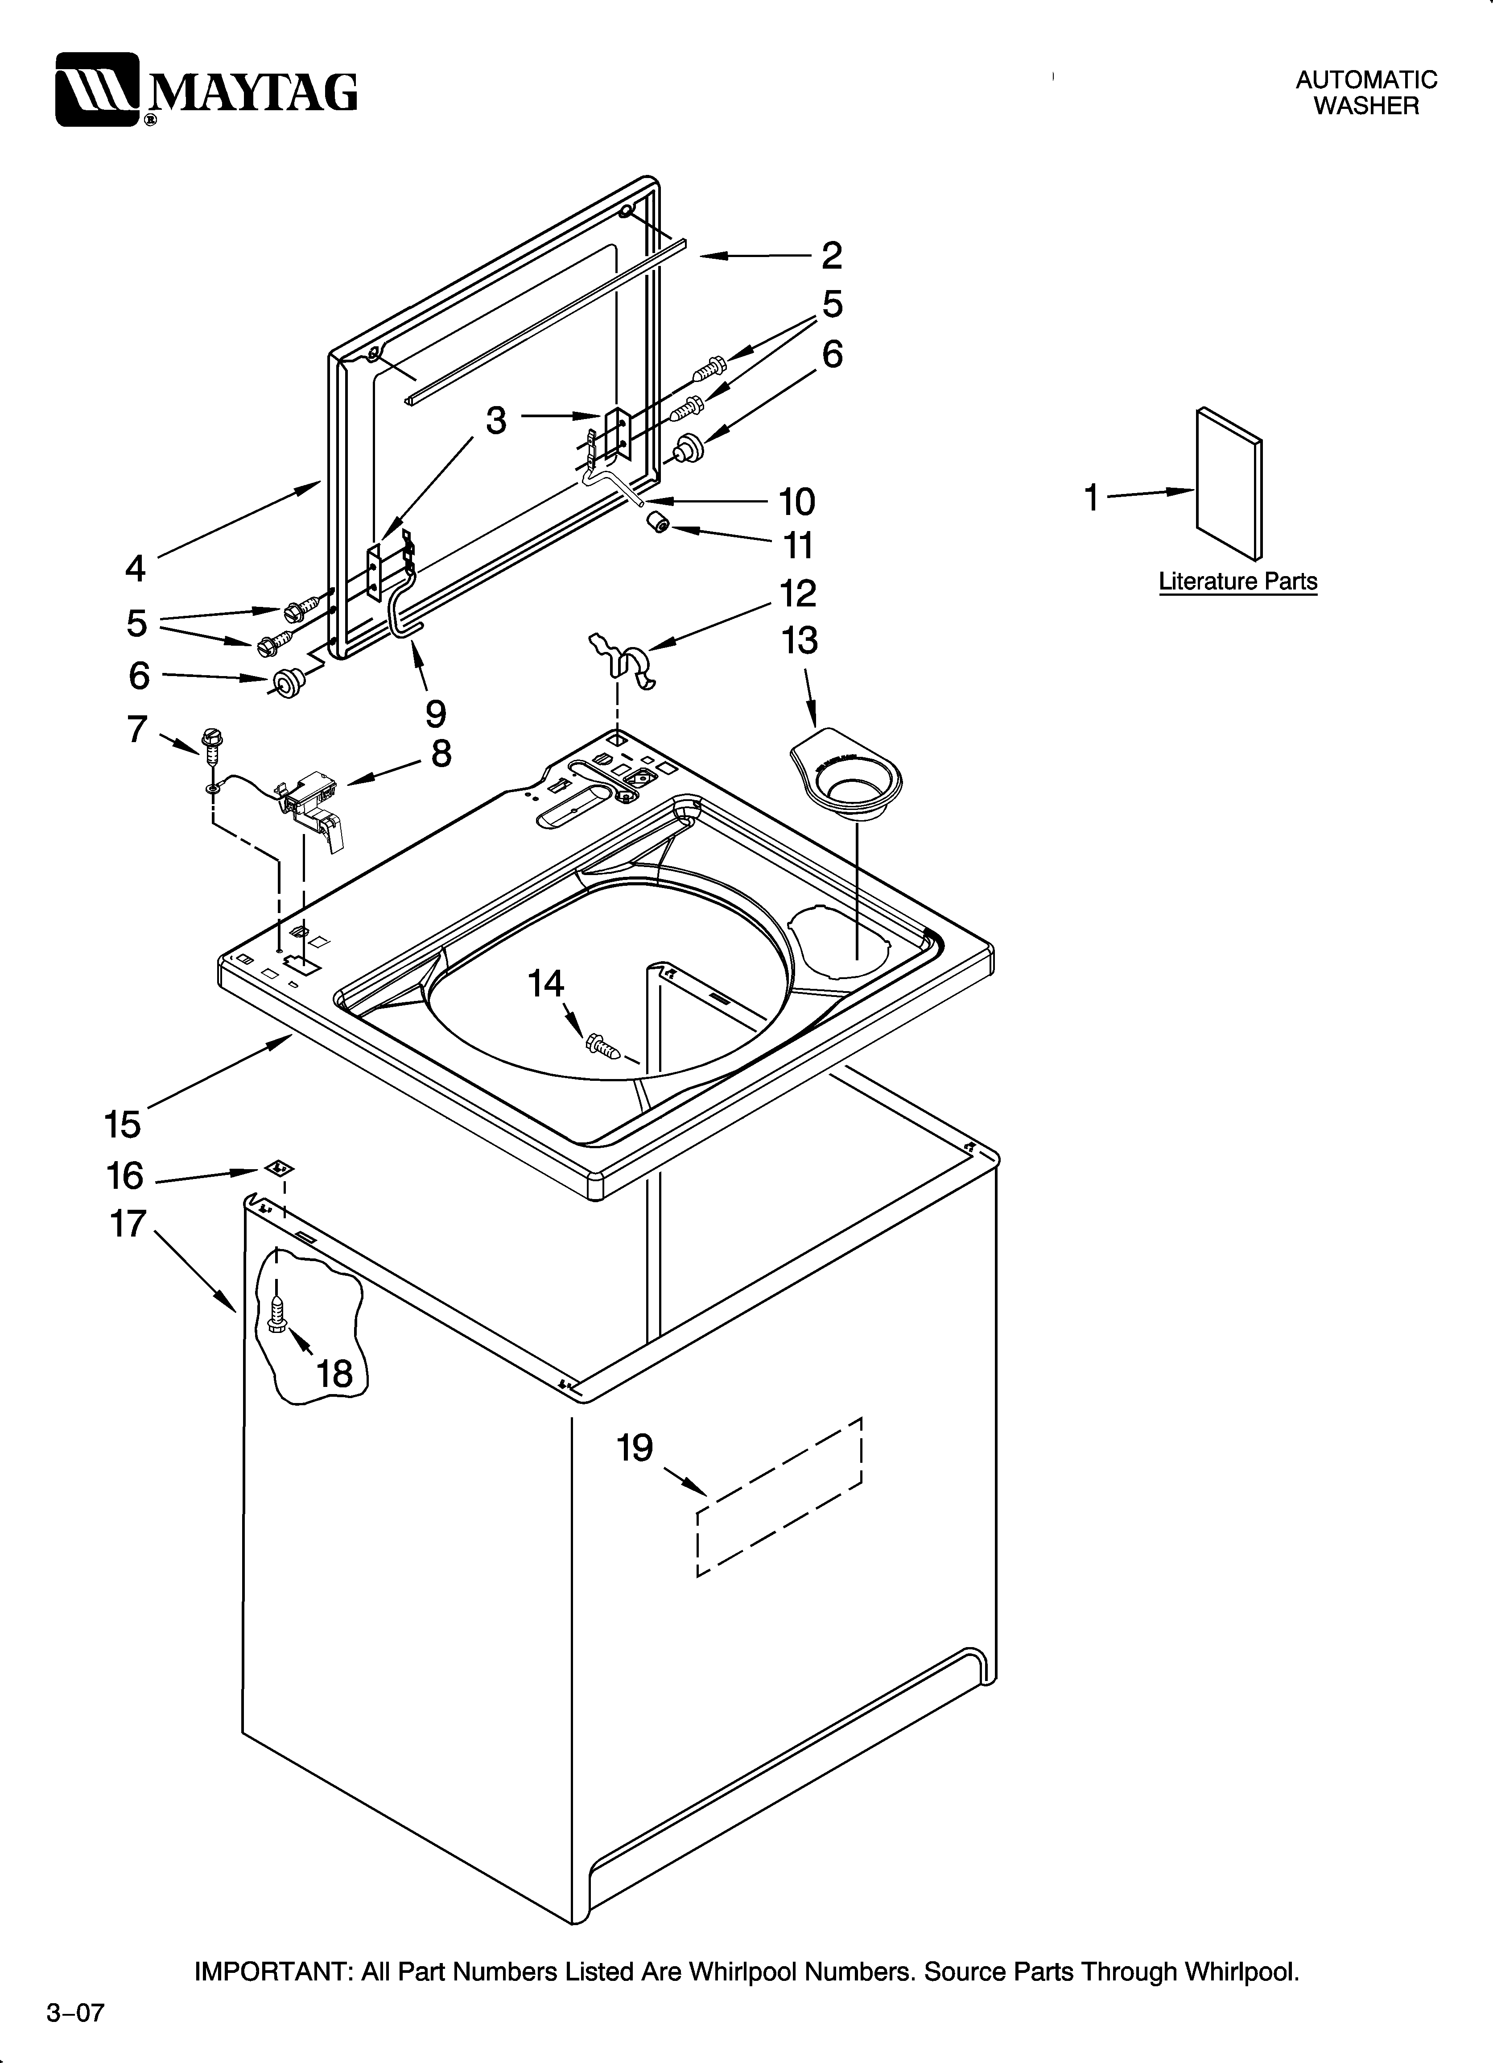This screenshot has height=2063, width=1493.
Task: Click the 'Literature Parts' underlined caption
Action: point(1237,582)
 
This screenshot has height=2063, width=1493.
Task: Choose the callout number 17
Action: point(128,1224)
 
